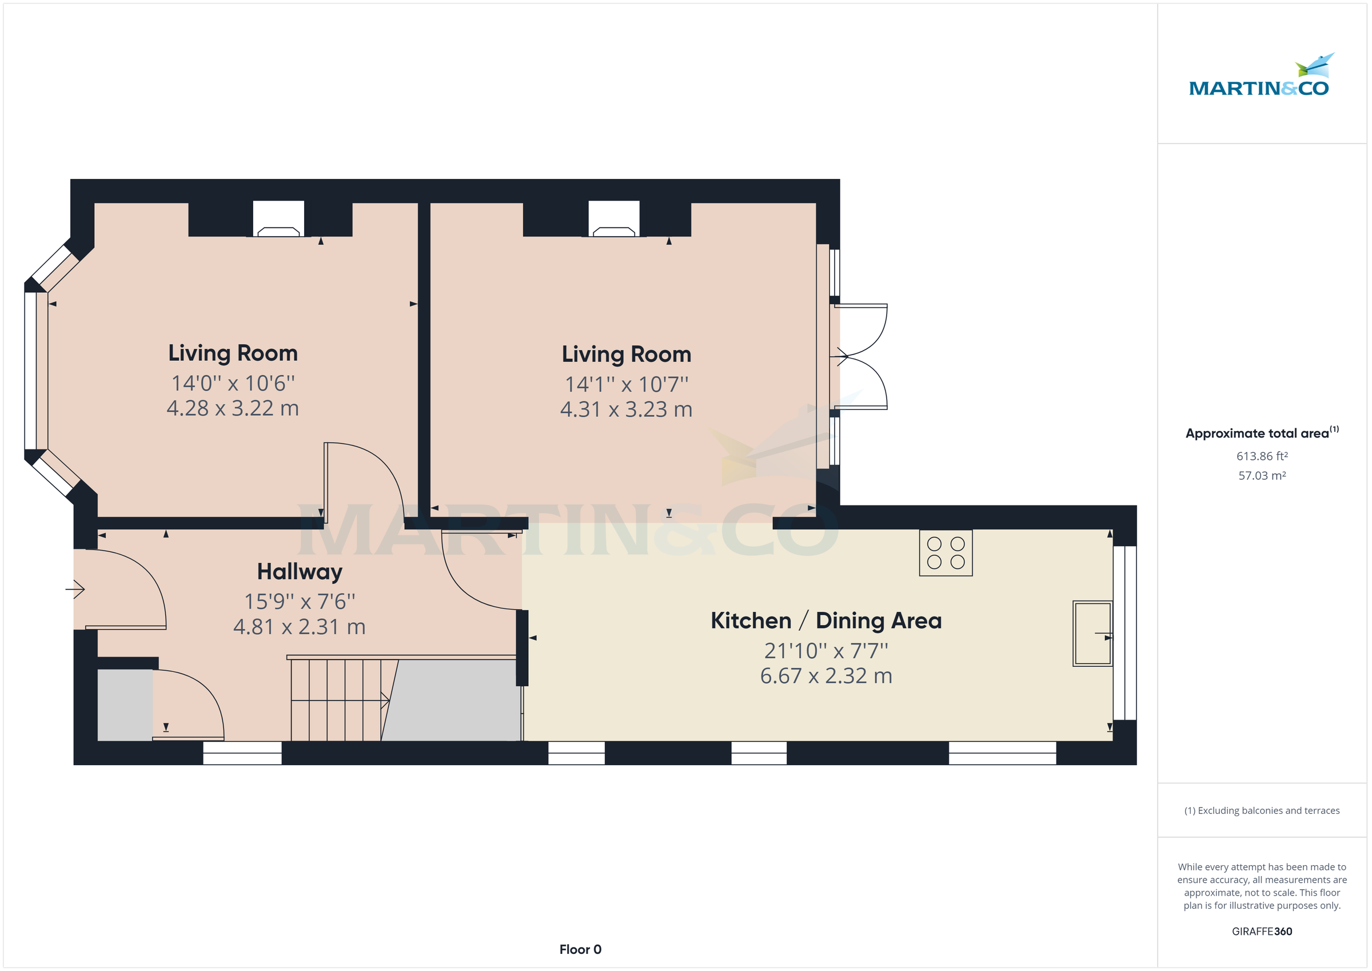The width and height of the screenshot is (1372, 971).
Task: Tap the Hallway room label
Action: point(300,572)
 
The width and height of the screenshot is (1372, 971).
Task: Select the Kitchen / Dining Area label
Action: point(826,620)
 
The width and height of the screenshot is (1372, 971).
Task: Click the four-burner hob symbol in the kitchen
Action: point(946,553)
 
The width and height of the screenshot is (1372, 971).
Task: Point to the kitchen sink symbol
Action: point(1092,634)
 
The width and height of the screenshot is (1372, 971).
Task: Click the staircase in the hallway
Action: point(338,699)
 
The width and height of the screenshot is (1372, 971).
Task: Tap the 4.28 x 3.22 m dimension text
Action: point(233,408)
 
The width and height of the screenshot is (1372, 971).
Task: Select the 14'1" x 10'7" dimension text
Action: point(626,384)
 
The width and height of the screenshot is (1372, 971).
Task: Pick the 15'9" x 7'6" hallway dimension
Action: point(300,602)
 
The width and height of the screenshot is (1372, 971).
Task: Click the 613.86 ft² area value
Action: point(1262,456)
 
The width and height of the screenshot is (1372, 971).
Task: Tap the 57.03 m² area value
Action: point(1262,476)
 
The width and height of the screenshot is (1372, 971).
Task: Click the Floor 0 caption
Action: point(580,949)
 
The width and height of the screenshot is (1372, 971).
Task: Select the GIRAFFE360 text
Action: point(1262,932)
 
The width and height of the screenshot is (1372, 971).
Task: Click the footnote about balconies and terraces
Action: point(1262,811)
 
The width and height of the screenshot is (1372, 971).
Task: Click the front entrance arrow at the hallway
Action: point(75,590)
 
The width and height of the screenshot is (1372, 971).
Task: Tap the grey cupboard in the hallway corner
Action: point(124,705)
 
